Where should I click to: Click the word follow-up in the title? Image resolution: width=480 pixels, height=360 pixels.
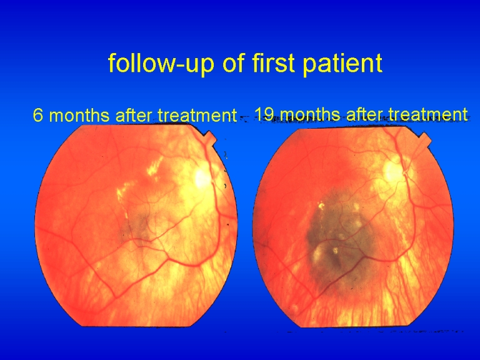(161, 63)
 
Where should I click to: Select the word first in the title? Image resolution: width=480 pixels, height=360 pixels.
(272, 62)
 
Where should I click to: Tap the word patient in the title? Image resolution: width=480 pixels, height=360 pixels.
(342, 63)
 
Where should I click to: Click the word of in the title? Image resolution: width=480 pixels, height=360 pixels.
(233, 62)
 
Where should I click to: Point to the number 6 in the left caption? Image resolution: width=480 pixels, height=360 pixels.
(37, 115)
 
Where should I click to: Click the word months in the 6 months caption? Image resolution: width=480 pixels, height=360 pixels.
(79, 115)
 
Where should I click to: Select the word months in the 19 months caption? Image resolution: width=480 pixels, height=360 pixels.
(310, 114)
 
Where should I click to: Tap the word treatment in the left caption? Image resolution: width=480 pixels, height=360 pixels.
(197, 116)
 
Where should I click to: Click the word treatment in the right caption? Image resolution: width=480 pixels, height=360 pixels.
(428, 114)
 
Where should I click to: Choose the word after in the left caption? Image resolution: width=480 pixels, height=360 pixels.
(134, 115)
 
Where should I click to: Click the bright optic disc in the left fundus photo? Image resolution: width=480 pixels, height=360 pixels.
(201, 178)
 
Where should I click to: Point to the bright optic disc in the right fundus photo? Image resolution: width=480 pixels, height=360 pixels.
(392, 171)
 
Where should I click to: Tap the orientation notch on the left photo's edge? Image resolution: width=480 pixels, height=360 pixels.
(211, 137)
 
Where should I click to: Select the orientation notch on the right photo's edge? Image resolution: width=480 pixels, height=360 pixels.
(425, 139)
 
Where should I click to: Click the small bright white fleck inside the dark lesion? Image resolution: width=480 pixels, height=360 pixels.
(336, 251)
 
